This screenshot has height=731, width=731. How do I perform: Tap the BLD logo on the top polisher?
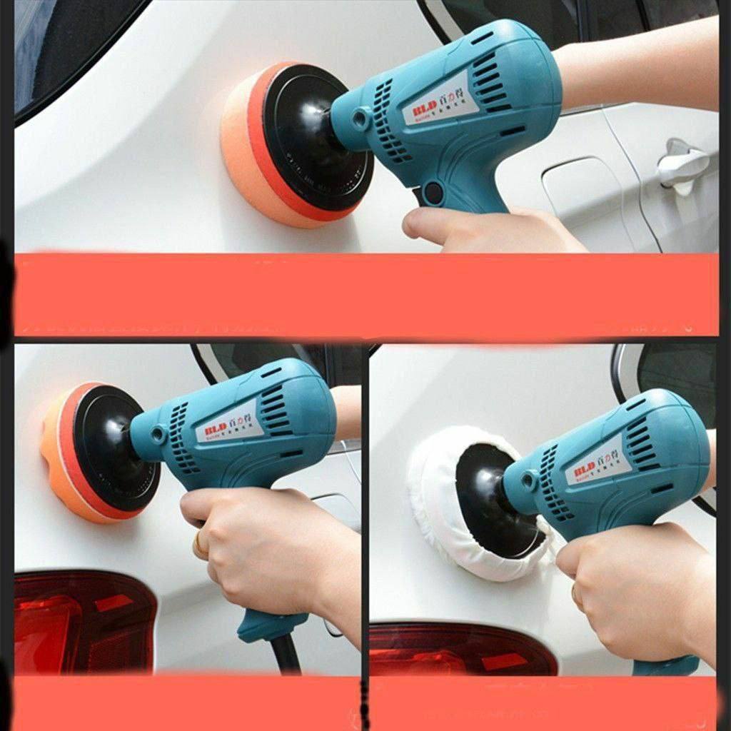click(x=420, y=113)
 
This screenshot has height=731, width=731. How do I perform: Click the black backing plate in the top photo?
click(x=307, y=139)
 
